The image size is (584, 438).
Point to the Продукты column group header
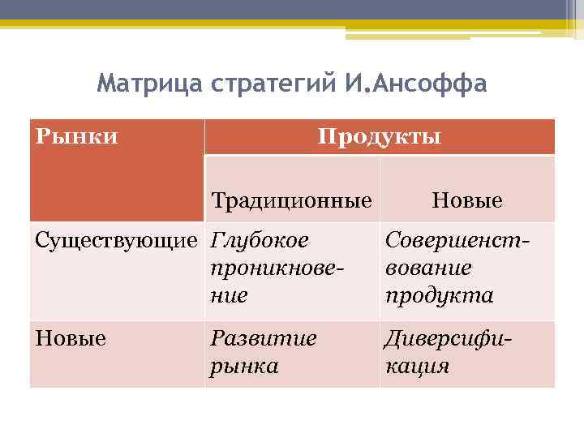[380, 136]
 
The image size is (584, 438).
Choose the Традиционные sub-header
[291, 200]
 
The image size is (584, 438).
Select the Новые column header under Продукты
[467, 200]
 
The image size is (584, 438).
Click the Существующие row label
[117, 241]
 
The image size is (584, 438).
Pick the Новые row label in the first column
[71, 338]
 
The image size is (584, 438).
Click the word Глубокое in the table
[260, 241]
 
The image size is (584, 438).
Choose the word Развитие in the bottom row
[263, 338]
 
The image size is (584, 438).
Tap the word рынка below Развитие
[244, 366]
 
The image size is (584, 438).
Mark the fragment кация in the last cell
[417, 366]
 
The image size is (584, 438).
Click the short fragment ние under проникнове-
[229, 295]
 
